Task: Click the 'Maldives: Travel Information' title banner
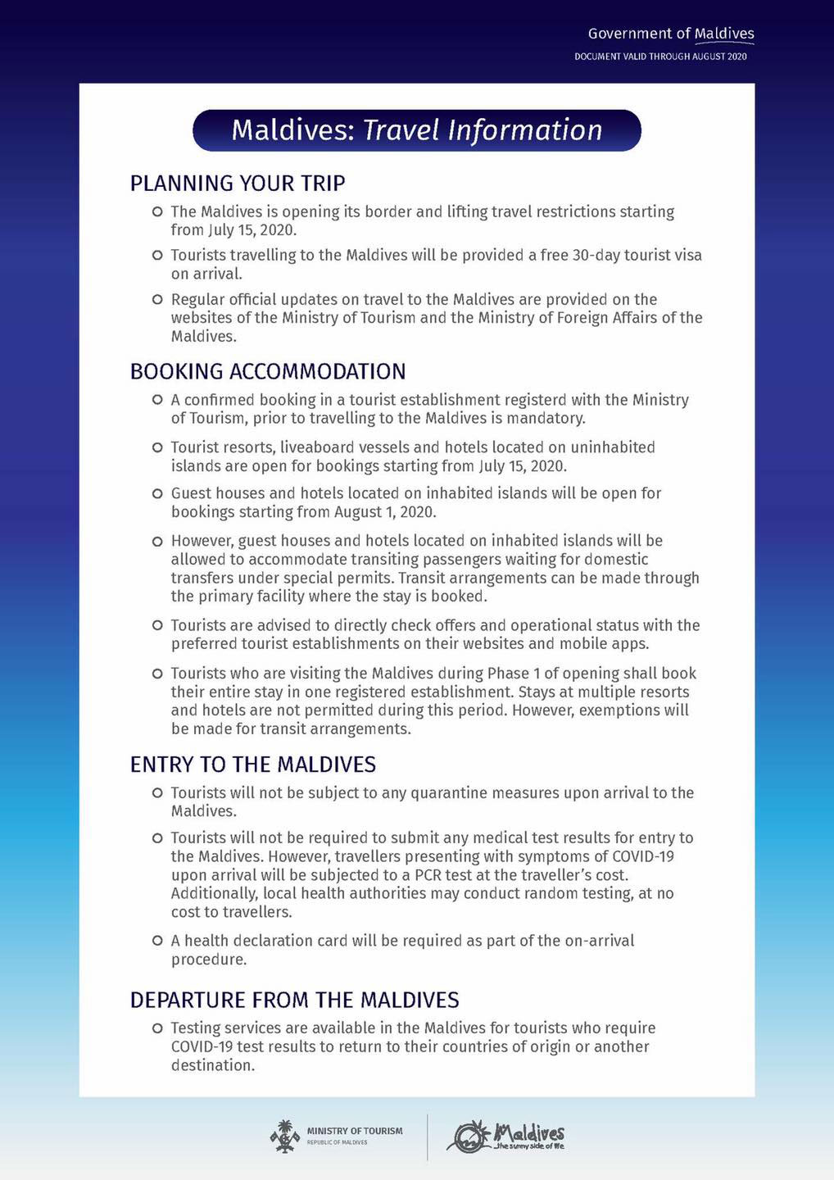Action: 416,130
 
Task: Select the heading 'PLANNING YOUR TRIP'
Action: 238,183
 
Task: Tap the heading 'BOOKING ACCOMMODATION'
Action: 268,371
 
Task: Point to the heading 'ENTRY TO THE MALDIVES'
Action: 252,765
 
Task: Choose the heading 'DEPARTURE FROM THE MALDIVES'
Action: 294,1000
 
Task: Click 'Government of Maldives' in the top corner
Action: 670,34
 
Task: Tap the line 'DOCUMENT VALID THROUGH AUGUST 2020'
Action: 660,57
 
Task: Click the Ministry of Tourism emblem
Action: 284,1136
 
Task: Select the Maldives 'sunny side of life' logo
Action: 505,1136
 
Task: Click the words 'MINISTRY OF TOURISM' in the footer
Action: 355,1131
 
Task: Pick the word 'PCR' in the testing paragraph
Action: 428,875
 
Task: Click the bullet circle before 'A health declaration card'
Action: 157,941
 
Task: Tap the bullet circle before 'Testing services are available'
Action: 157,1028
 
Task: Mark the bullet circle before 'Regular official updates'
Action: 157,300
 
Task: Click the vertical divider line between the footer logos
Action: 428,1137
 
